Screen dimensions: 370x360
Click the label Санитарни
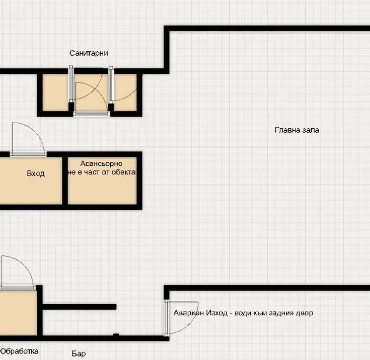click(89, 53)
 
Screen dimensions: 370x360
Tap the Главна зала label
click(297, 130)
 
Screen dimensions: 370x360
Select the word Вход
click(36, 173)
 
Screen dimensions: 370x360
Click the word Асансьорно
click(102, 163)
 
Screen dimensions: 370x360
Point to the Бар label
click(79, 353)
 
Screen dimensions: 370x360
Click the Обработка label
click(19, 351)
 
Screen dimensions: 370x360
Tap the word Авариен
click(189, 313)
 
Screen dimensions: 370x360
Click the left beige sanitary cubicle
click(55, 93)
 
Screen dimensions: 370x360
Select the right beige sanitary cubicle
click(125, 93)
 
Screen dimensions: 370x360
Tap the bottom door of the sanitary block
click(92, 114)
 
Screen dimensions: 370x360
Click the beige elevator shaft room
click(102, 181)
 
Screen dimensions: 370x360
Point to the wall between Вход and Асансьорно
click(65, 181)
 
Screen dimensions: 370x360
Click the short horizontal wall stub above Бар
click(80, 307)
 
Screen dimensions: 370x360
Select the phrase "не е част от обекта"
click(102, 172)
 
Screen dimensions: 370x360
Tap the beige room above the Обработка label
click(19, 313)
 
